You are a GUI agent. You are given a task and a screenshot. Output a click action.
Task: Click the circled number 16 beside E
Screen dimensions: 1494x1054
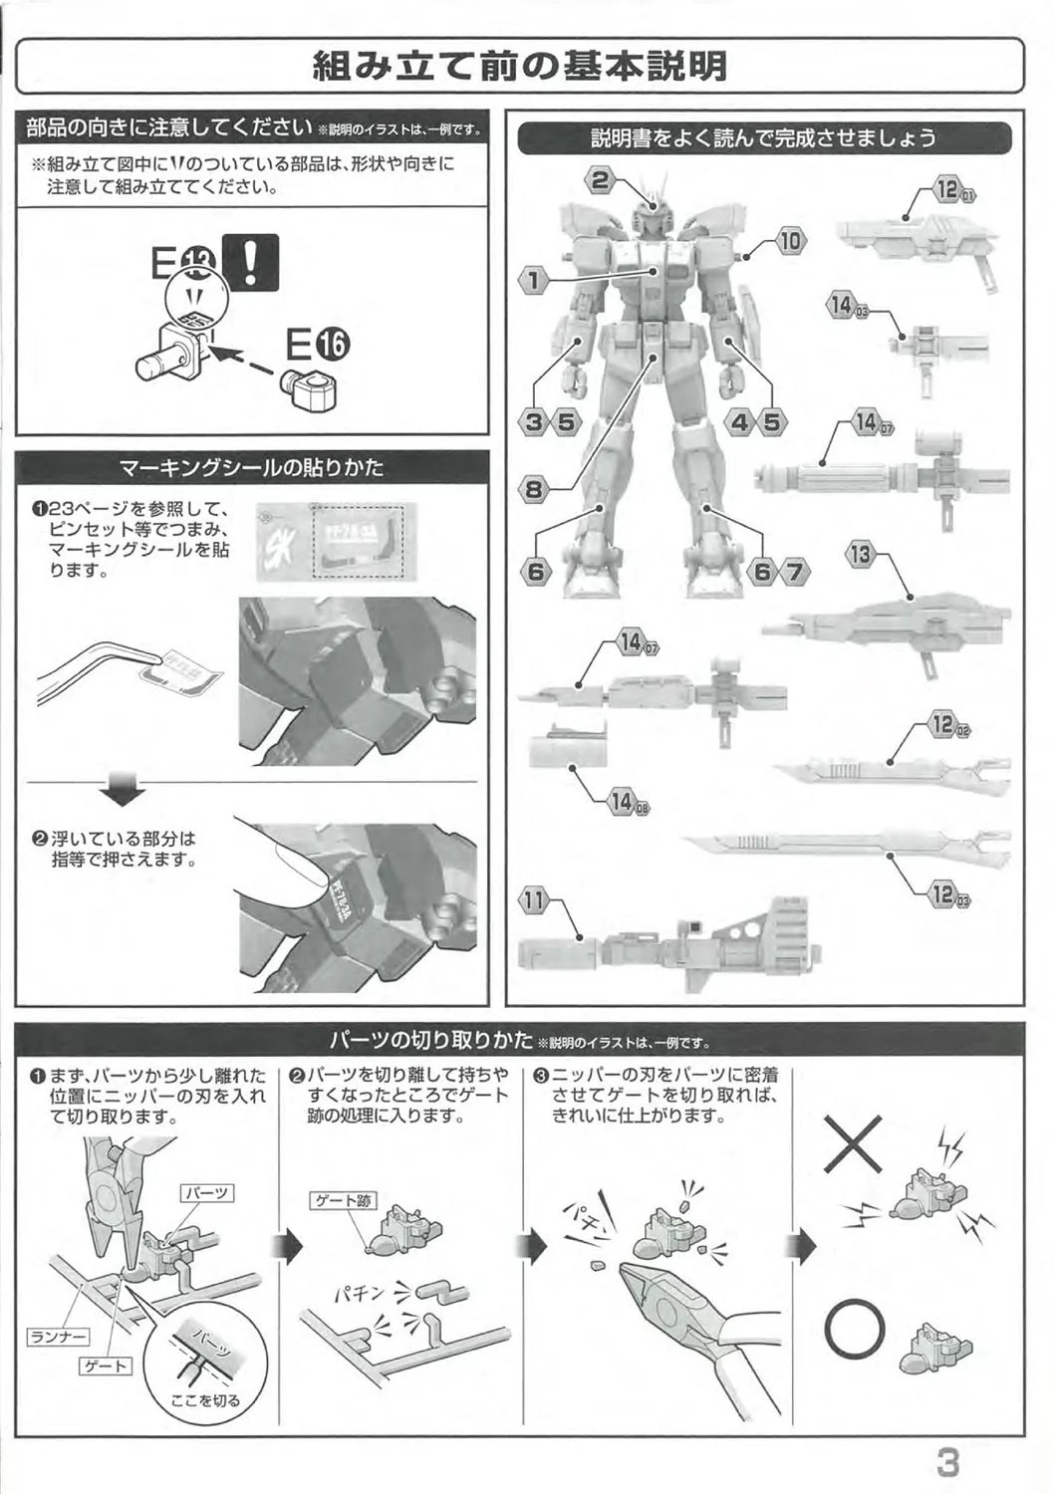pos(333,345)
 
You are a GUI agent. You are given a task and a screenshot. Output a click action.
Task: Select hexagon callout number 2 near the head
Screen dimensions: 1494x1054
pos(600,180)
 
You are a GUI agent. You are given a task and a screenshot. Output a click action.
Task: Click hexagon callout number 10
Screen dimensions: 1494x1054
pos(789,240)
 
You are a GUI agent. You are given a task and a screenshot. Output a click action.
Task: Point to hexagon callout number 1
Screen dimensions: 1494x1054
pos(534,280)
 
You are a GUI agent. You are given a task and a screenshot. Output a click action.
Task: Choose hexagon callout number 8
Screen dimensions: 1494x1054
pos(534,489)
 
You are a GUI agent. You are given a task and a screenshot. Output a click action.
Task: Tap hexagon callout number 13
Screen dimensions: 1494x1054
pos(861,555)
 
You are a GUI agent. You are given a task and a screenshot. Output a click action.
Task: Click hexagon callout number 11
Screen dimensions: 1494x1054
pos(535,902)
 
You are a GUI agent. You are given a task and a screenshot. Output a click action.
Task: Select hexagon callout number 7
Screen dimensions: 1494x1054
pos(794,572)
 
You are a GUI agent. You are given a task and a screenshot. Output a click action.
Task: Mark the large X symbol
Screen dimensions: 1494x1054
pos(855,1143)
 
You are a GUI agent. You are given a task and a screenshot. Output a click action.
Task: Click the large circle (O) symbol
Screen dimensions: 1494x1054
pos(855,1331)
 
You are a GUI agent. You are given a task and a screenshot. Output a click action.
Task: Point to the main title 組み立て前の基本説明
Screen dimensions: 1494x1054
pos(519,67)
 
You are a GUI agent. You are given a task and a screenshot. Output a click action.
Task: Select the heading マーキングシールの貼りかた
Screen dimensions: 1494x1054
pos(251,466)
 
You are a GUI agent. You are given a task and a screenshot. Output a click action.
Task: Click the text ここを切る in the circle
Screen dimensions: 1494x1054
pos(206,1400)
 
